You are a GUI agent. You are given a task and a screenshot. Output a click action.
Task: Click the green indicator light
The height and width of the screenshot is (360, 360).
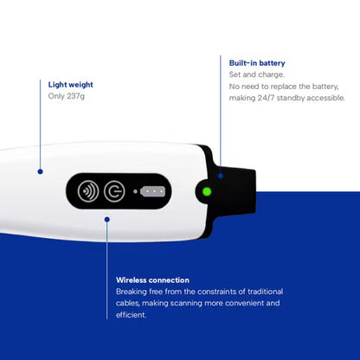coord(207,191)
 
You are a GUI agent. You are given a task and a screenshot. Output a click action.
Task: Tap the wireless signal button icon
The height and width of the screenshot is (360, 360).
coord(88,191)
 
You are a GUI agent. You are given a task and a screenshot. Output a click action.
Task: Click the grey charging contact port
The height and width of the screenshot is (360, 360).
coord(152,191)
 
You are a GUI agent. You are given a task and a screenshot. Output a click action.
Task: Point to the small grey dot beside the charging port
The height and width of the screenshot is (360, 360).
coord(135,191)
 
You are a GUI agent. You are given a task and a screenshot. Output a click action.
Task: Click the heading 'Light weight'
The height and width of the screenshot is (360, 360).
coord(71,85)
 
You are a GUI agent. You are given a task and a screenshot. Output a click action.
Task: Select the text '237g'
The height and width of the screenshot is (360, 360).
coord(75,96)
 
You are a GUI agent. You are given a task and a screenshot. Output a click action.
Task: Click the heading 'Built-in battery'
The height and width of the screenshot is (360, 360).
coord(257,63)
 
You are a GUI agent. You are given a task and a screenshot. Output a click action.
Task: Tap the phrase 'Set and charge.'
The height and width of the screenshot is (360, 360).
coord(257,74)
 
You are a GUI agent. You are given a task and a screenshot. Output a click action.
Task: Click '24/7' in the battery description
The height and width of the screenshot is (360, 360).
coord(266,98)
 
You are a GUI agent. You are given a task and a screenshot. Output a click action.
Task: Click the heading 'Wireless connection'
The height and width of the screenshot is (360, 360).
coord(152,280)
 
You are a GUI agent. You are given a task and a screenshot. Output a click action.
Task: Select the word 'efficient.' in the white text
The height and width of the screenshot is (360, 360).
coord(132,315)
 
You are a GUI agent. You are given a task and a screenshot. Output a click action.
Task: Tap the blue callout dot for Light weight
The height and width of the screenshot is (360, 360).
coord(41,171)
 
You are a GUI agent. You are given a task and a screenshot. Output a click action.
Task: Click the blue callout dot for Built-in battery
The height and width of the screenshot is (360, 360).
coord(221,176)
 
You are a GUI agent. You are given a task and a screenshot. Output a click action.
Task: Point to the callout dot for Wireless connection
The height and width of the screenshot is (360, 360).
coord(107,220)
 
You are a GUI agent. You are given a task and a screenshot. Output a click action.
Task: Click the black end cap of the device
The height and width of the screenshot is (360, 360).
coord(231,191)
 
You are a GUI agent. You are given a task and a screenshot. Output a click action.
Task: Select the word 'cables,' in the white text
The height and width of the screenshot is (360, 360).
coord(128,303)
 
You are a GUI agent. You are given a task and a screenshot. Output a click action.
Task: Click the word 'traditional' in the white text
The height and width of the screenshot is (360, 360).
coord(266,292)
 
